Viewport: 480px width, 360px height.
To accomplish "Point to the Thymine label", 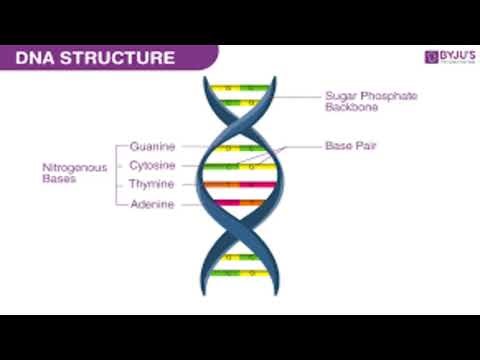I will tap(152, 185).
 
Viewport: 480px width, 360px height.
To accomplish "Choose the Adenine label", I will tap(152, 204).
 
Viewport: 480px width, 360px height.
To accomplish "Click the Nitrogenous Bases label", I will tap(68, 175).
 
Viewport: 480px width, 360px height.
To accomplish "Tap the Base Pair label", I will tap(350, 146).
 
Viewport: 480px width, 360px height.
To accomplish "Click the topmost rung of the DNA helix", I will tap(240, 87).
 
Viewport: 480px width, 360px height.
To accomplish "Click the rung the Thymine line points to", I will tap(240, 185).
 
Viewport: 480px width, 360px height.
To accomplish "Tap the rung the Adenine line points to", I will tap(240, 204).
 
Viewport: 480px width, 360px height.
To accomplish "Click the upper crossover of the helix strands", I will tap(240, 124).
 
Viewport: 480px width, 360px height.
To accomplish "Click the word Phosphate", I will tap(372, 96).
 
